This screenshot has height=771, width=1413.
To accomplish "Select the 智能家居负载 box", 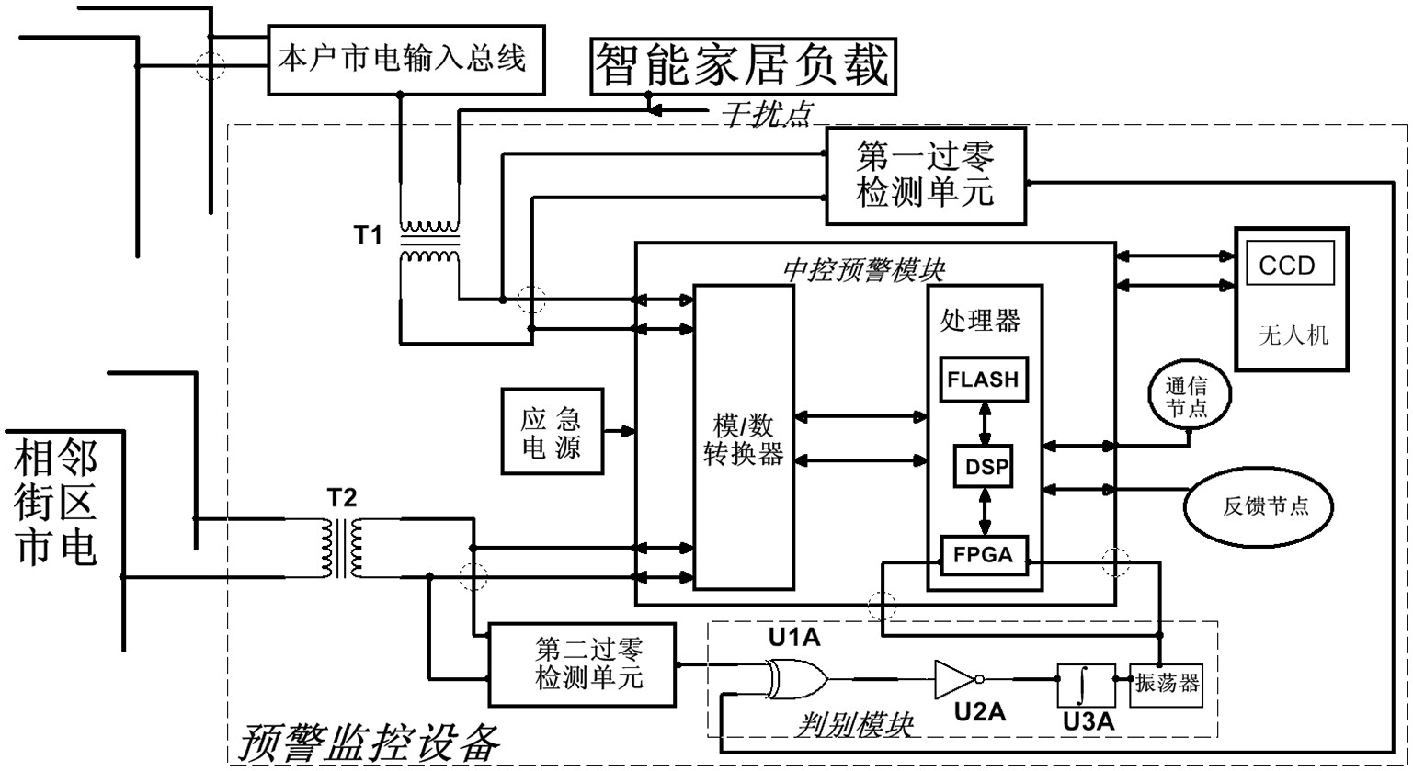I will tap(744, 66).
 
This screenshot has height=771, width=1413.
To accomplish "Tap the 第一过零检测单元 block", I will tap(925, 176).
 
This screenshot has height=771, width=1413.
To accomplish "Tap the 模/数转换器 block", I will tap(743, 437).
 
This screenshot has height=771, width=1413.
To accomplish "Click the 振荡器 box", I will tap(1166, 685).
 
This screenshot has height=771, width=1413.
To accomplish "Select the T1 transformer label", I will tap(368, 235).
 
